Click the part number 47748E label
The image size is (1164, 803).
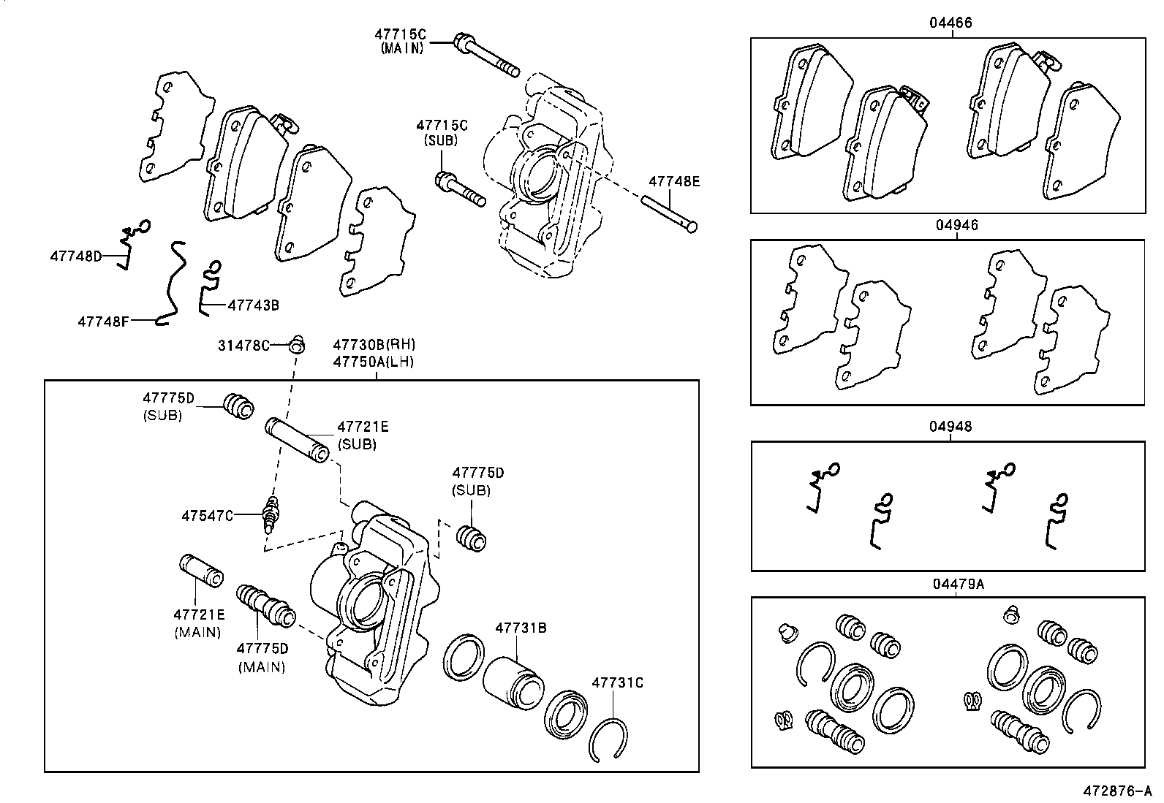pos(674,181)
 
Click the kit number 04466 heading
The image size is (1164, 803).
pos(951,23)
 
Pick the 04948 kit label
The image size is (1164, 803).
pos(951,426)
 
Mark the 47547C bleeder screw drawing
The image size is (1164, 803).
pos(272,513)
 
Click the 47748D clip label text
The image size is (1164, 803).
pos(75,256)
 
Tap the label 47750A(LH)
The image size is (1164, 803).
pos(374,361)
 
